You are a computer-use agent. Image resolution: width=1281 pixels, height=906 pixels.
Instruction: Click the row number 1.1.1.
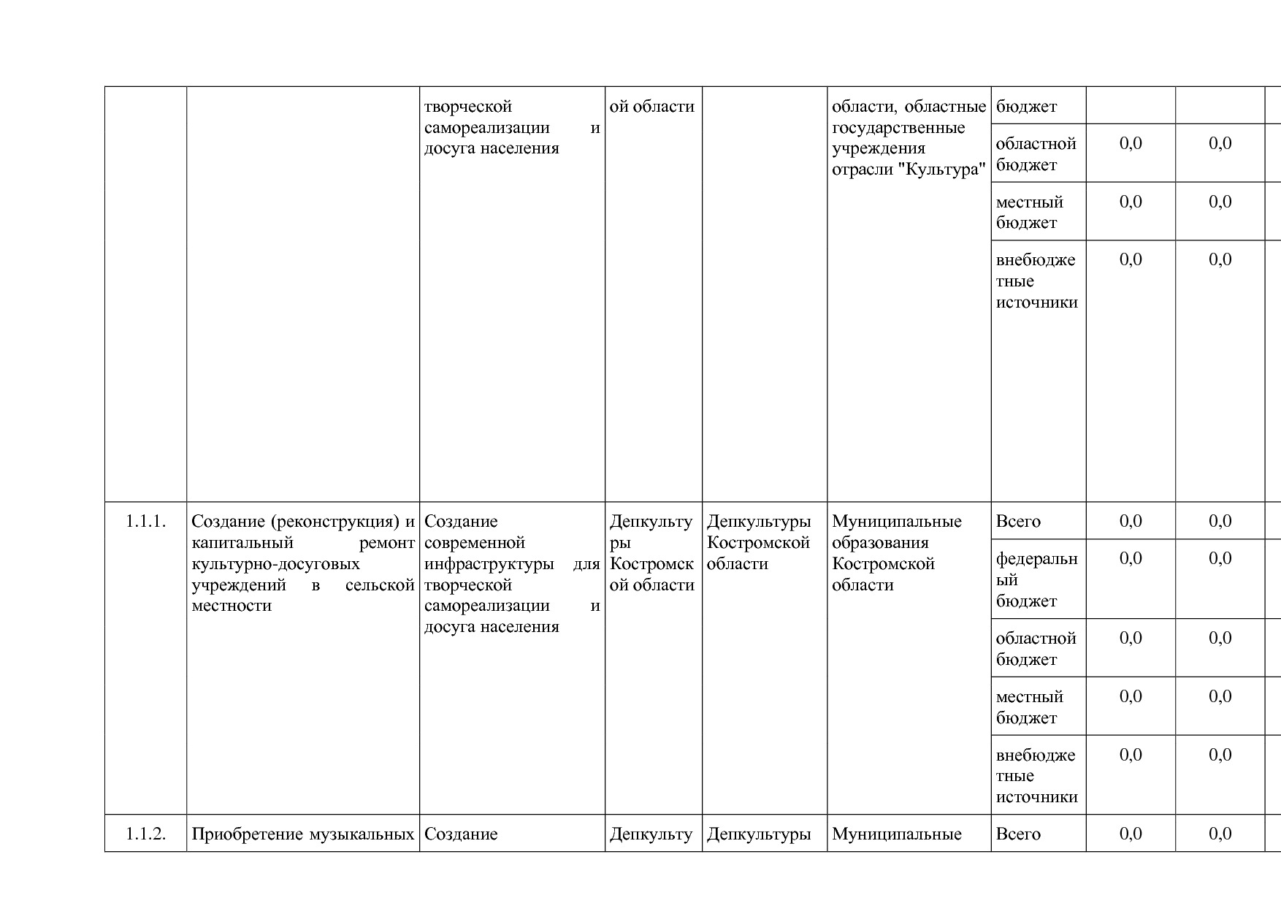145,522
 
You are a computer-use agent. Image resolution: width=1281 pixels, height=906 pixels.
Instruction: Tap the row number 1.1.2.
145,834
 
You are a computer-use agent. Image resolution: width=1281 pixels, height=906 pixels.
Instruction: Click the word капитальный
242,543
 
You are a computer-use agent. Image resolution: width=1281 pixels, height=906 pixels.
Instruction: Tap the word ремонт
387,543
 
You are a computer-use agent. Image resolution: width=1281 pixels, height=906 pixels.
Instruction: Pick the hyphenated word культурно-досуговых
275,564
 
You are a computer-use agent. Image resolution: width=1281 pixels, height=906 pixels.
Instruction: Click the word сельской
380,585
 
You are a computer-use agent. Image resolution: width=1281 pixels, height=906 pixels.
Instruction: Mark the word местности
231,606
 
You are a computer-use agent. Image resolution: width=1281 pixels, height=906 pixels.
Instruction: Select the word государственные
898,128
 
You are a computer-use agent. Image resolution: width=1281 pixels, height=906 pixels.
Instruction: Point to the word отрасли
862,170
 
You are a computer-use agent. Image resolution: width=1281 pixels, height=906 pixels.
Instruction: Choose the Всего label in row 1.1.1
1018,522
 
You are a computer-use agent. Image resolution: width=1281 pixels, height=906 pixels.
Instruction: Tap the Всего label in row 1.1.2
1018,834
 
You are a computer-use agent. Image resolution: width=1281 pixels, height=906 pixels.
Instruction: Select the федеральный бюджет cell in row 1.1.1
1036,580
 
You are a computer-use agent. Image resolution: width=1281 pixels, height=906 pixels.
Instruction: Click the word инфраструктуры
489,564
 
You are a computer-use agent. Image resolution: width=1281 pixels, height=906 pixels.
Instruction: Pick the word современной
474,543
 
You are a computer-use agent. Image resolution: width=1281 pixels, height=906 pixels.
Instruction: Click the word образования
880,543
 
